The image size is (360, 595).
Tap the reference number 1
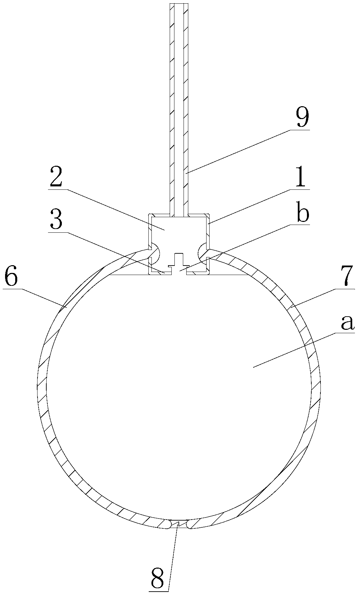(299, 179)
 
